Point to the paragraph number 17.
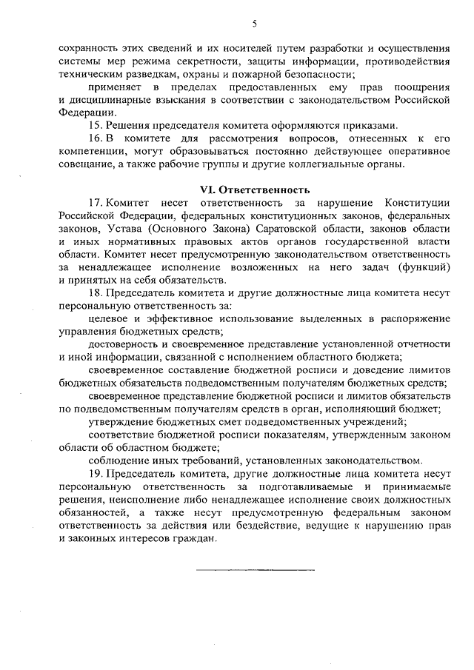95,203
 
